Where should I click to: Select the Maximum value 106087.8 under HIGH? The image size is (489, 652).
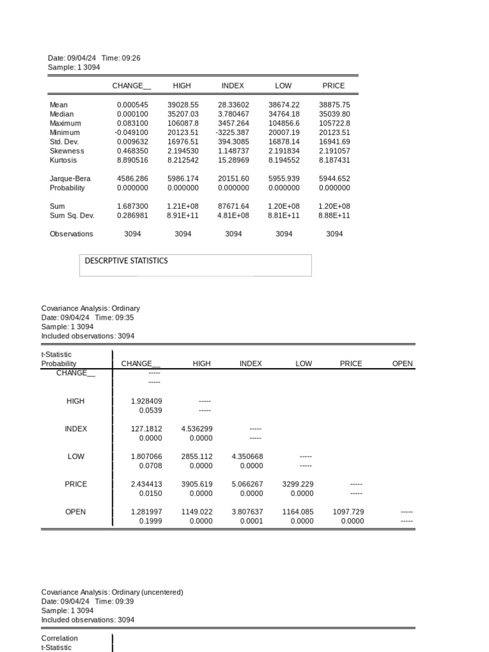point(183,123)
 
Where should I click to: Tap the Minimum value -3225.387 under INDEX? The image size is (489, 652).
point(233,132)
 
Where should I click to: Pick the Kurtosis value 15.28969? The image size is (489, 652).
point(233,160)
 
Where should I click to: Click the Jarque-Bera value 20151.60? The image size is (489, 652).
point(233,179)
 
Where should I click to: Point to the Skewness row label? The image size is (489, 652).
point(67,151)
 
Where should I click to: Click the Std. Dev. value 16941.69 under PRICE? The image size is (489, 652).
point(334,142)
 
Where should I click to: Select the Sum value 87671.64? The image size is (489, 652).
point(233,206)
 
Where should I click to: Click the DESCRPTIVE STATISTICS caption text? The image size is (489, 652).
point(127,260)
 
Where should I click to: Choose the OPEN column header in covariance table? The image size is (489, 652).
point(402,364)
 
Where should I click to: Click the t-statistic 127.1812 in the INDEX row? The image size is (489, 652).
point(146,429)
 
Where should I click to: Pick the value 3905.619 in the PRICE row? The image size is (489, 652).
point(197,484)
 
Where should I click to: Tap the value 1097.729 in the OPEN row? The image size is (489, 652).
point(348,511)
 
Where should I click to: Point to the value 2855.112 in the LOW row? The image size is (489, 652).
point(197,457)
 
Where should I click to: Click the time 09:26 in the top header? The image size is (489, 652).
point(132,58)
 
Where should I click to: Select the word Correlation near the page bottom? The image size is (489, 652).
point(60,638)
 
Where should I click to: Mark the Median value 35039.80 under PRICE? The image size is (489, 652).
point(334,114)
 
